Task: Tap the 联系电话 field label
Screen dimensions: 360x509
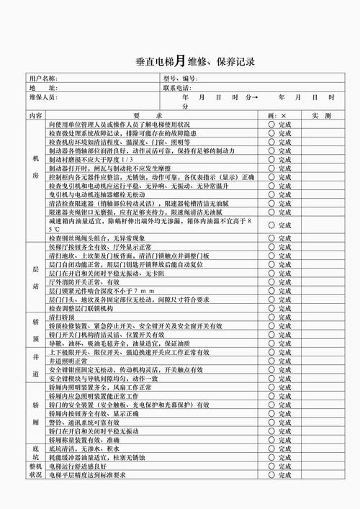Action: tap(176, 87)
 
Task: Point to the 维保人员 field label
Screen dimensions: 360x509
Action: tap(42, 96)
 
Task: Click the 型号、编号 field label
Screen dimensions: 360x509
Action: tap(180, 78)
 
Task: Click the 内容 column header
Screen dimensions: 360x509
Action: tap(35, 115)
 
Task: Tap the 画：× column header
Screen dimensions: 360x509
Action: tap(276, 115)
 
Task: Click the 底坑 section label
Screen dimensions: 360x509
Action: tap(35, 452)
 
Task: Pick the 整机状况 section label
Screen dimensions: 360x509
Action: tap(35, 471)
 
